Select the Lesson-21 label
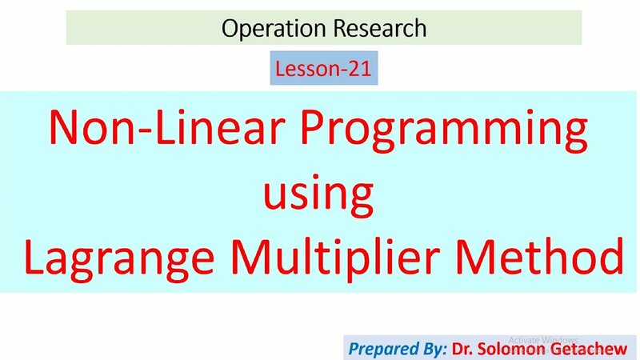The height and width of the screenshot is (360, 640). [322, 70]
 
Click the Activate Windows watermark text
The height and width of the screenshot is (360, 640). [543, 339]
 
